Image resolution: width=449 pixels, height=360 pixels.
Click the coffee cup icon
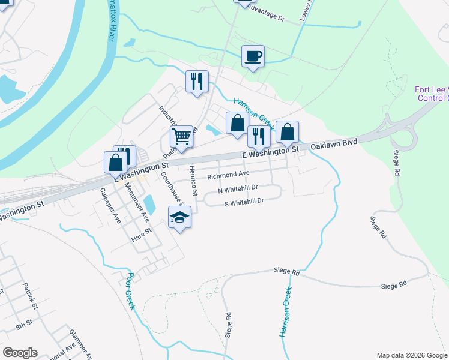click(253, 56)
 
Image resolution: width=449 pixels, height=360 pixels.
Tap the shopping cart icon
click(181, 137)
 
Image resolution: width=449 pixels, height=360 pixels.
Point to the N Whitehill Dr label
click(237, 190)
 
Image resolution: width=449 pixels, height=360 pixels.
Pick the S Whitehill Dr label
click(244, 202)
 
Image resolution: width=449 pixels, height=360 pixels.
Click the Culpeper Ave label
click(111, 206)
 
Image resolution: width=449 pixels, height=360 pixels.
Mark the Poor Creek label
click(131, 292)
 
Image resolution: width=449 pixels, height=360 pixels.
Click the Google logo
click(20, 353)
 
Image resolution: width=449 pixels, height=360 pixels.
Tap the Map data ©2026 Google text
click(411, 355)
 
